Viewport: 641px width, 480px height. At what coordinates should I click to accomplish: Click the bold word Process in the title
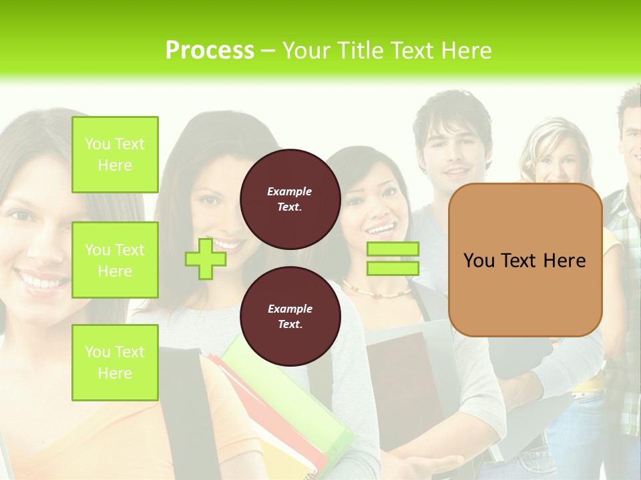point(210,51)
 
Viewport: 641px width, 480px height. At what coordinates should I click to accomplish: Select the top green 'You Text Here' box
point(115,155)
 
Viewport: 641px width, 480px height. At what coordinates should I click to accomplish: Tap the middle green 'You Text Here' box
point(115,260)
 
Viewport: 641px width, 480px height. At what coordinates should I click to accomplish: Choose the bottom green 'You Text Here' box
point(115,363)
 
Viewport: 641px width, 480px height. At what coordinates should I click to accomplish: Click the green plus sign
point(205,259)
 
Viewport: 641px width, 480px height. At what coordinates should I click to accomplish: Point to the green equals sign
point(393,259)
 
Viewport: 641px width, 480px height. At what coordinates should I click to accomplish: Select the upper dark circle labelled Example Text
point(290,199)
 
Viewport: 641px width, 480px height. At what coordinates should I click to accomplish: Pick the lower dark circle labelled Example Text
point(290,317)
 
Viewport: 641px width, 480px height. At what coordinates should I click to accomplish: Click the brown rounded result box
point(525,260)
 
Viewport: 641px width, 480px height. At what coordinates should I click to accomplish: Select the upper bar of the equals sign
point(393,249)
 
